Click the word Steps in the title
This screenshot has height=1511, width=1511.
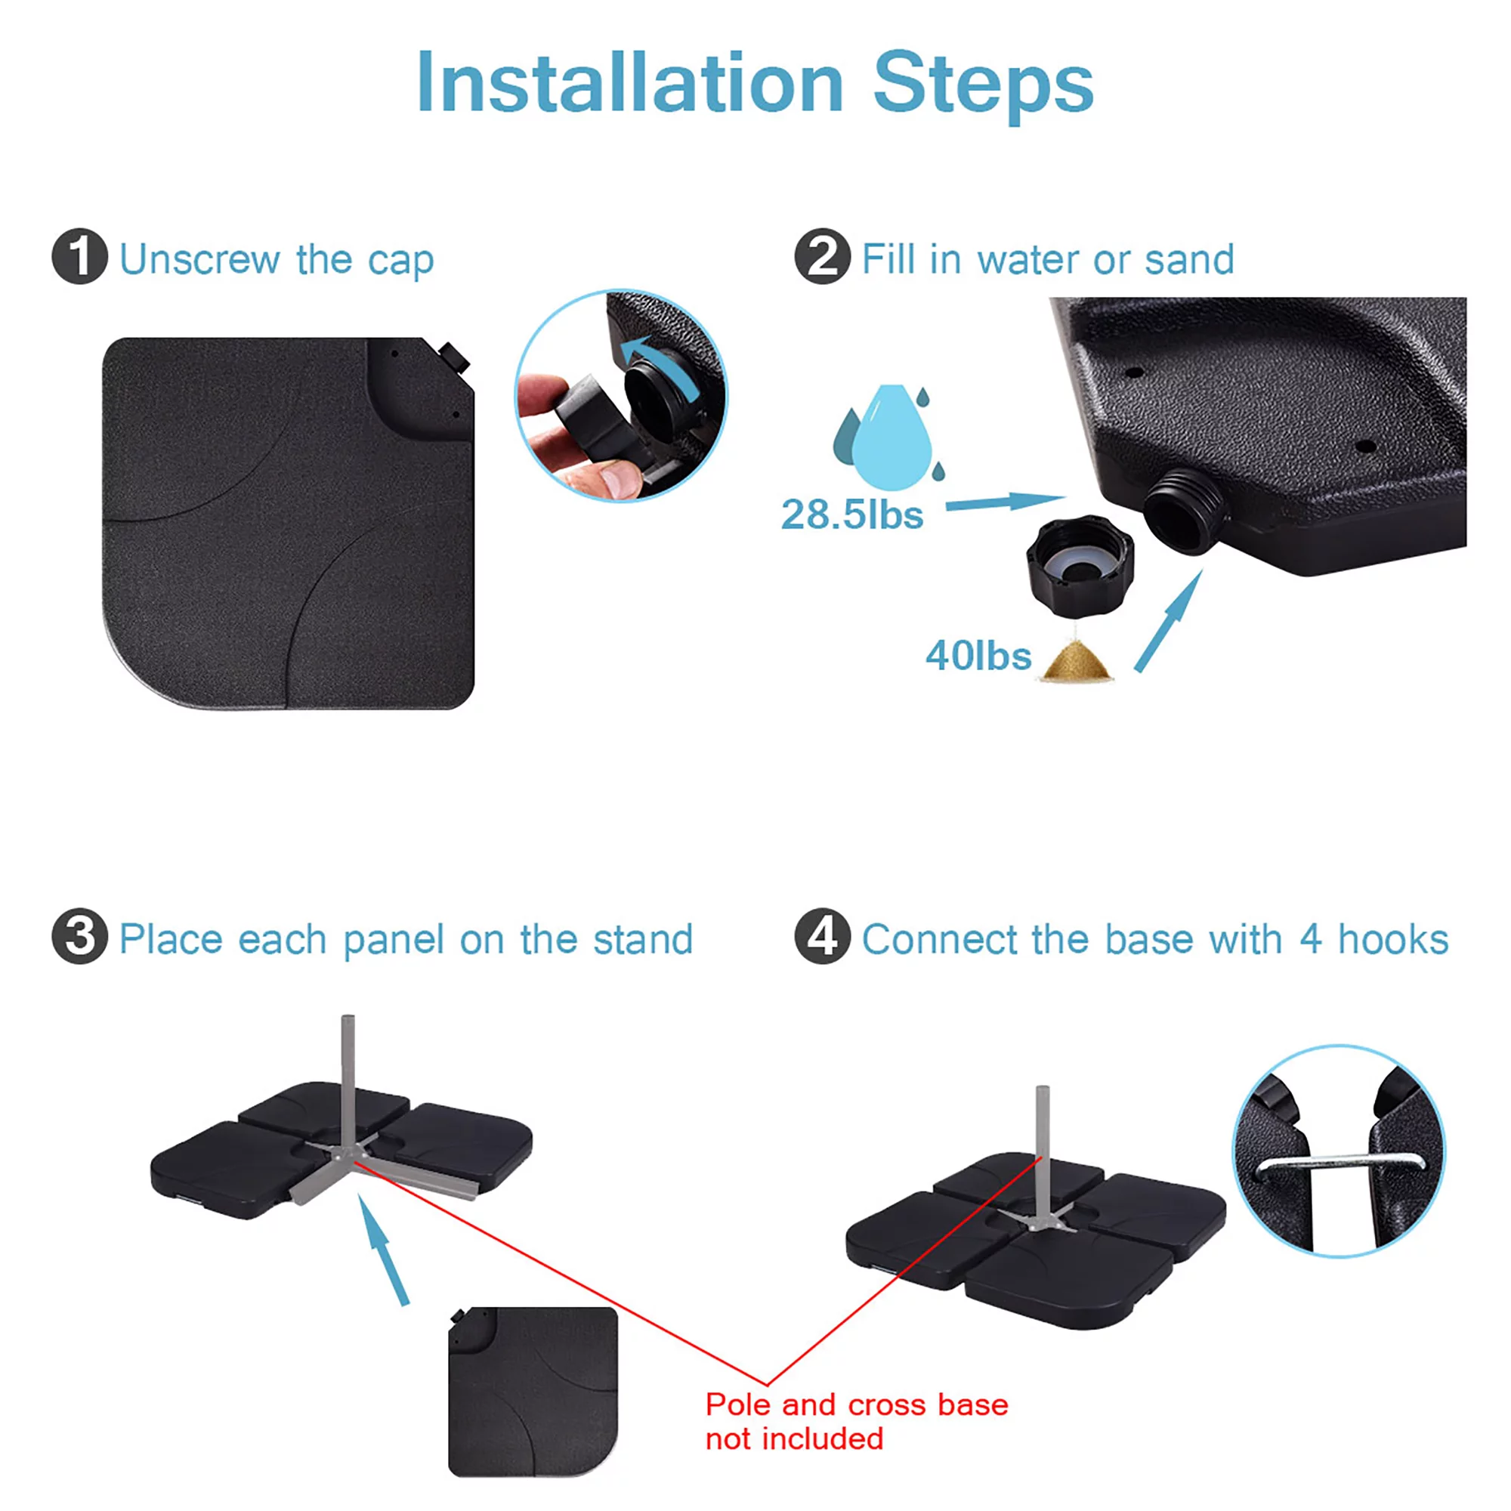(x=983, y=86)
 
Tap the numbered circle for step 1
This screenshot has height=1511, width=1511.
(x=79, y=257)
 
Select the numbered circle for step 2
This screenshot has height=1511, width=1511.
(x=822, y=257)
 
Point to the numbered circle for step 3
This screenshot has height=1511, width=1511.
(x=79, y=936)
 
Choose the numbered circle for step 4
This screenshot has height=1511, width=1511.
(x=822, y=936)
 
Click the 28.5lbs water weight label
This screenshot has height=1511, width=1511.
(x=851, y=514)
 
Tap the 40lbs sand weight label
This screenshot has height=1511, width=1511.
(x=978, y=655)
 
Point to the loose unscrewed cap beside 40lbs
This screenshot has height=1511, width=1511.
(x=1080, y=564)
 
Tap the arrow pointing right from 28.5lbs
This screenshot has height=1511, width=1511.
(x=1005, y=502)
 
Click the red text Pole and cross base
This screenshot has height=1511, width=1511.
(x=857, y=1404)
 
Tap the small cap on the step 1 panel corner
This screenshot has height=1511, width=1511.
(x=453, y=357)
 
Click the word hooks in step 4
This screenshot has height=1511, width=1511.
(x=1393, y=938)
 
